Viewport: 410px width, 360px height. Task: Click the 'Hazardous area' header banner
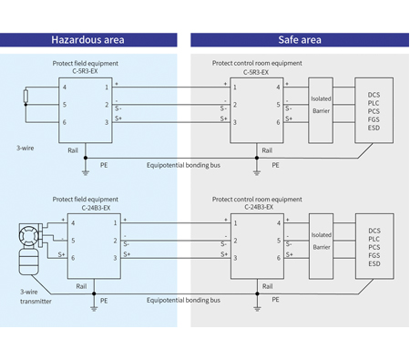pos(87,40)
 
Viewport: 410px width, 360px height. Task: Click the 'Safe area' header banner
pos(299,40)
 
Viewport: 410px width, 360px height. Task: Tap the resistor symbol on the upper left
pos(26,96)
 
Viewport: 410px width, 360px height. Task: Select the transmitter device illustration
pos(27,251)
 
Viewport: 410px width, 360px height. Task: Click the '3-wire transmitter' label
pos(36,295)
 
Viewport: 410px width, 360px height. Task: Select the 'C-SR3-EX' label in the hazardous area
pos(86,71)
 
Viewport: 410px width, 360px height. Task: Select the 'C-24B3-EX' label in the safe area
pos(257,206)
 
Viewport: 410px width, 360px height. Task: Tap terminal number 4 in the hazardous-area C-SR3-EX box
pos(64,87)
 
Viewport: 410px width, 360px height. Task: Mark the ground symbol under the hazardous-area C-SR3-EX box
pos(85,169)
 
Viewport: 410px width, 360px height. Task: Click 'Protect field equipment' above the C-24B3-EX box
pos(86,198)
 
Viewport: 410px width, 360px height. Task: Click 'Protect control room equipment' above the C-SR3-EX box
pos(257,63)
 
